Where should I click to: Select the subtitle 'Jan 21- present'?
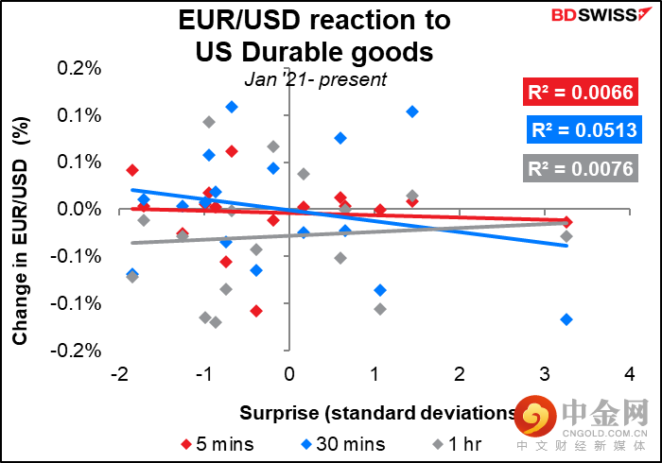coord(316,79)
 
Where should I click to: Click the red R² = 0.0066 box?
coord(579,93)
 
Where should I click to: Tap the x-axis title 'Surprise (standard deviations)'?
coord(378,412)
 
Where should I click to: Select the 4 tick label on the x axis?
coord(630,374)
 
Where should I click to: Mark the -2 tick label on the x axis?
coord(117,374)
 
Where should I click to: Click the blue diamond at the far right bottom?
coord(566,319)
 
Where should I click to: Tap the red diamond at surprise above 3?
coord(567,221)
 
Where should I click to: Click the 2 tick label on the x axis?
coord(460,374)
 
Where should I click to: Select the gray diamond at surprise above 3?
coord(566,236)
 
